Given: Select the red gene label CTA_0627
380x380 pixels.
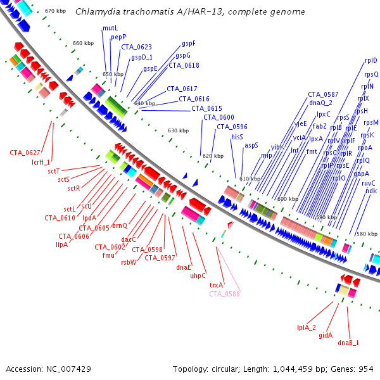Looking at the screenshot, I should coord(25,153).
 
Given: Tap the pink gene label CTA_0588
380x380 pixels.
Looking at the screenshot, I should coord(224,293).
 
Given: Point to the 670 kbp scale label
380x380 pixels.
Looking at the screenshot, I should coord(56,11).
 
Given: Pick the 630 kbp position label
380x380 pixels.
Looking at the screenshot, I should coord(178,130).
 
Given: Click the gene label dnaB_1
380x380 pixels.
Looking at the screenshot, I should coord(348,343).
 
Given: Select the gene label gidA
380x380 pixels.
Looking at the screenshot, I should coord(326,335).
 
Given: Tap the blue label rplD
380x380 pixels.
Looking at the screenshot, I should coord(371,60).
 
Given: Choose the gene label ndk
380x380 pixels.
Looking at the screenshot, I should coord(370,191).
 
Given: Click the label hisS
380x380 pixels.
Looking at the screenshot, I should coord(237,136).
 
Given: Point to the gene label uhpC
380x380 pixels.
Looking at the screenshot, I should coord(198,275).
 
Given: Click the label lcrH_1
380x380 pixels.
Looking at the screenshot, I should coord(41,162).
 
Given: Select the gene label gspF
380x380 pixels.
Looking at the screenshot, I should coord(189,44).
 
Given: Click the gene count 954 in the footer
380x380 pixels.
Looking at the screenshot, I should coord(366,369).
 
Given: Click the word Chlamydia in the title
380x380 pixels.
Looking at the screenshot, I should coord(94,12).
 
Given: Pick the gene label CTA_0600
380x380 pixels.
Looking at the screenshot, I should coord(218,117).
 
